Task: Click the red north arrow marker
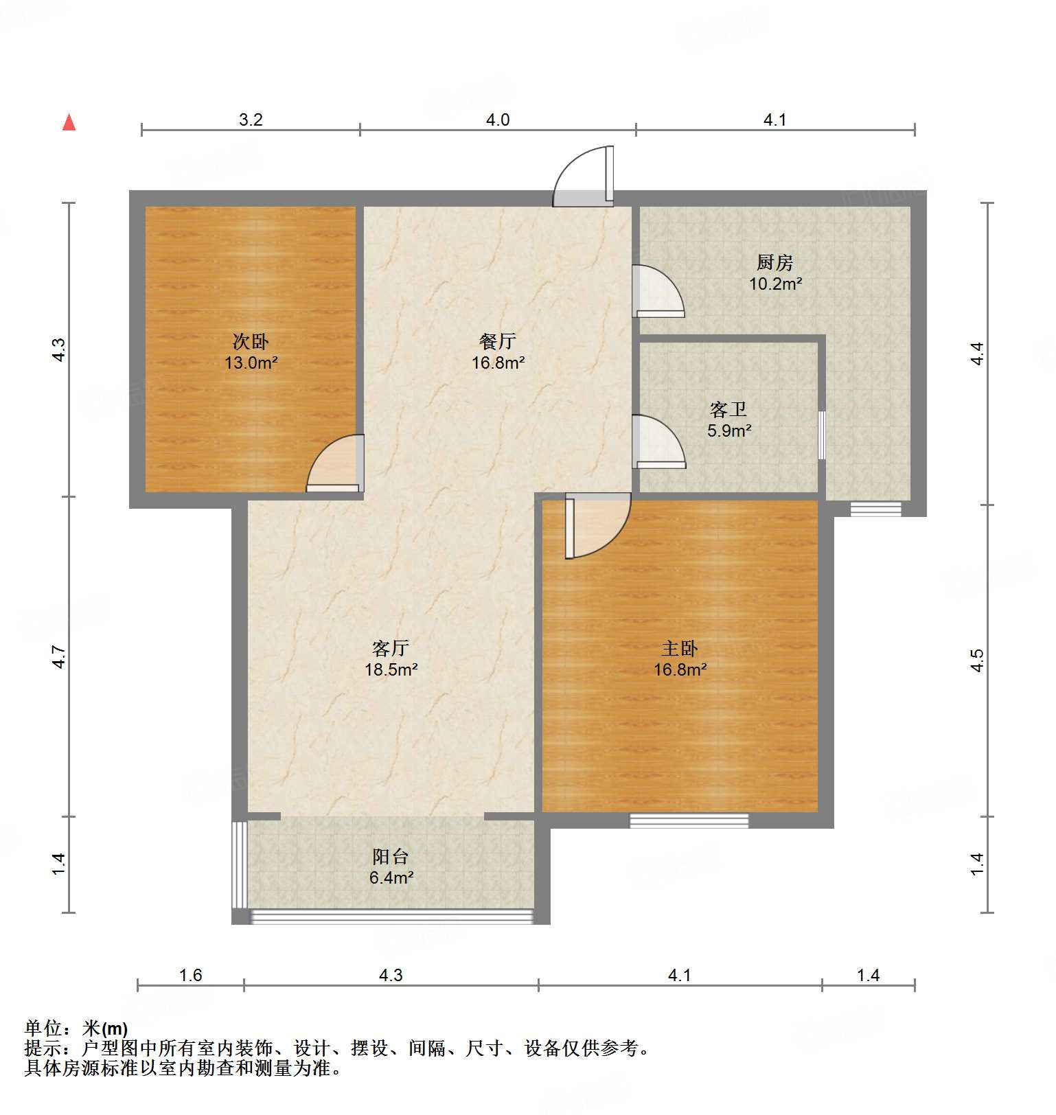pos(69,122)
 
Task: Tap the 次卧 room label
pos(251,341)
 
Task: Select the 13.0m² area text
pos(251,363)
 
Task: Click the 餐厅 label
pos(498,341)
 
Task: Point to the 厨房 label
pos(775,262)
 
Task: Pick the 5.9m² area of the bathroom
pos(729,431)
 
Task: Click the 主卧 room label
pos(680,648)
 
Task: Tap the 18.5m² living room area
pos(391,669)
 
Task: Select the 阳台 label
pos(391,856)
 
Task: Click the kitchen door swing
pos(657,290)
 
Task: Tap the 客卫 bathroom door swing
pos(658,442)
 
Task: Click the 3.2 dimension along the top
pos(251,119)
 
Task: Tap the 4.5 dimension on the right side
pos(977,660)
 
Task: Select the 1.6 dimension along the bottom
pos(190,975)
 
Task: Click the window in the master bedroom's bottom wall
pos(689,820)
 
